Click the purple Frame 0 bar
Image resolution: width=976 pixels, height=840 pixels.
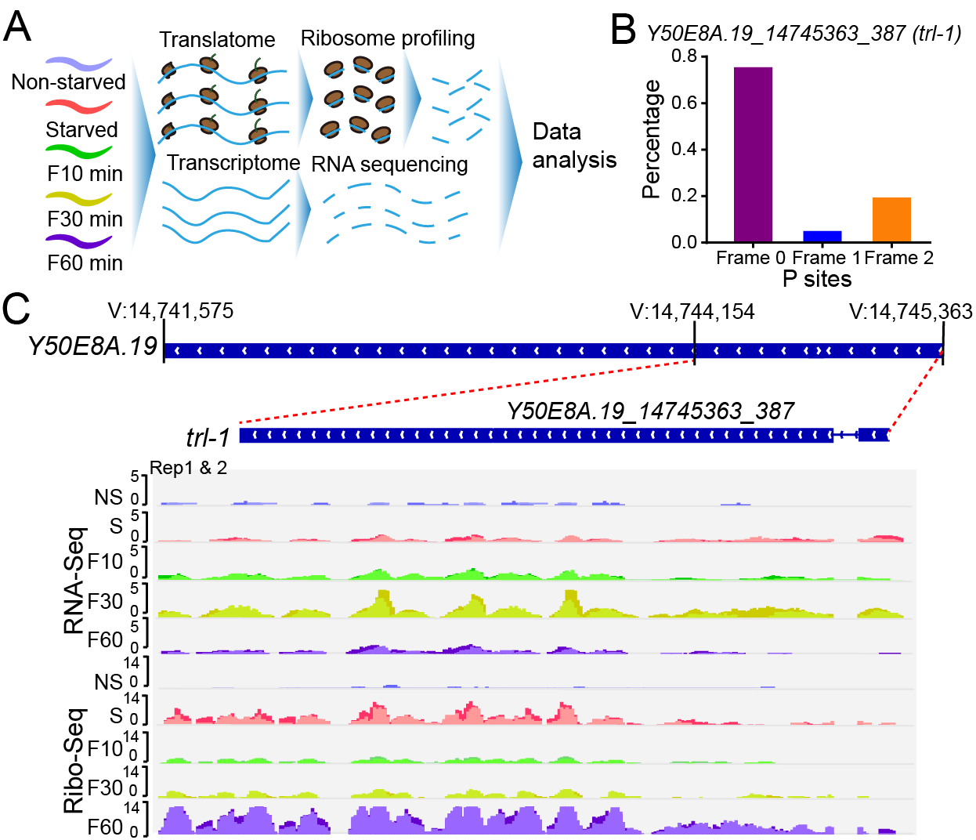pyautogui.click(x=753, y=154)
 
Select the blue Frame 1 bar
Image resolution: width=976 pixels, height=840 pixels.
pyautogui.click(x=822, y=237)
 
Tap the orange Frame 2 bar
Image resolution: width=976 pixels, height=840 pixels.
pyautogui.click(x=891, y=219)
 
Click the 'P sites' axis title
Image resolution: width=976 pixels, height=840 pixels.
pyautogui.click(x=817, y=279)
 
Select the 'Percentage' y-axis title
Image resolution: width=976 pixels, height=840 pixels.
pyautogui.click(x=652, y=139)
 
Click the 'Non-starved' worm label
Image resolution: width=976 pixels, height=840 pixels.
pyautogui.click(x=68, y=81)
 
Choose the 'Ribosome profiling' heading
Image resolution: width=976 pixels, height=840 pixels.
pyautogui.click(x=388, y=38)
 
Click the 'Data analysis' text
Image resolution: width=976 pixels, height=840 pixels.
pyautogui.click(x=574, y=146)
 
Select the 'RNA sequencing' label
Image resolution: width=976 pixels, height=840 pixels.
pyautogui.click(x=389, y=165)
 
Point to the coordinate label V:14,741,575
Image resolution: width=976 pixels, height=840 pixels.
pyautogui.click(x=171, y=311)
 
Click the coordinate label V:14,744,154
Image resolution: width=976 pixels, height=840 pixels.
pyautogui.click(x=692, y=311)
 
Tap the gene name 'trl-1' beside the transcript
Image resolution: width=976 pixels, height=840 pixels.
pyautogui.click(x=208, y=436)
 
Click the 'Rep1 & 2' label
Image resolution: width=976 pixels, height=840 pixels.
pyautogui.click(x=188, y=468)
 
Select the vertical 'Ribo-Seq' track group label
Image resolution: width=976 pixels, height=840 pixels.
pyautogui.click(x=74, y=760)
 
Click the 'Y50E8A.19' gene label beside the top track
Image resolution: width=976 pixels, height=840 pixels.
pyautogui.click(x=92, y=346)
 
